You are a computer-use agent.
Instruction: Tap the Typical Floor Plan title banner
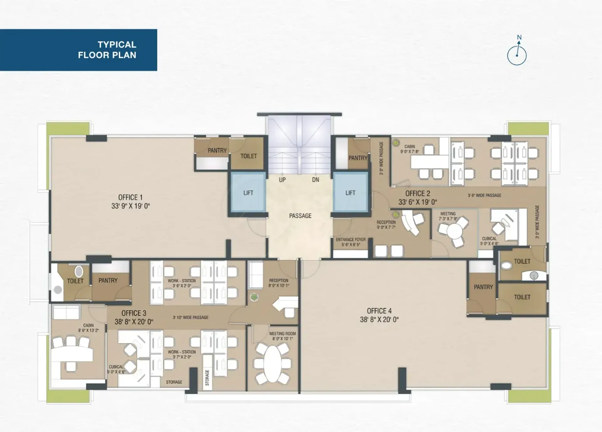pyautogui.click(x=78, y=50)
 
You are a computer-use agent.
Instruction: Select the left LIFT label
pyautogui.click(x=248, y=193)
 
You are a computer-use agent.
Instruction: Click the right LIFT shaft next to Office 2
pyautogui.click(x=351, y=192)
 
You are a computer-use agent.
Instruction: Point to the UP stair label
pyautogui.click(x=282, y=180)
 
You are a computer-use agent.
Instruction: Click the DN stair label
pyautogui.click(x=315, y=180)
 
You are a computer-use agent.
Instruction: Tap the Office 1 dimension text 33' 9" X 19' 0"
pyautogui.click(x=130, y=206)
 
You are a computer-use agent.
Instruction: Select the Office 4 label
pyautogui.click(x=379, y=311)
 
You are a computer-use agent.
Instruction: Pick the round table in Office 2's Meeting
pyautogui.click(x=454, y=231)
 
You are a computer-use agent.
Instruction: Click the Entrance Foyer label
pyautogui.click(x=351, y=239)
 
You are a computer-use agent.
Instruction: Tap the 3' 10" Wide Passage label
pyautogui.click(x=190, y=317)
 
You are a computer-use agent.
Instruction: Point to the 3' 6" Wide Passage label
pyautogui.click(x=484, y=195)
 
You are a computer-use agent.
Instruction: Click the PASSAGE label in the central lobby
pyautogui.click(x=300, y=216)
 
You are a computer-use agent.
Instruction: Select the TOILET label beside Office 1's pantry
pyautogui.click(x=249, y=156)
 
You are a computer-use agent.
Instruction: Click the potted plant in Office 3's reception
pyautogui.click(x=254, y=297)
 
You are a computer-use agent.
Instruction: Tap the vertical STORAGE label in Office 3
pyautogui.click(x=207, y=377)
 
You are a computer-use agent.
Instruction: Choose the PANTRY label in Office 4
pyautogui.click(x=483, y=287)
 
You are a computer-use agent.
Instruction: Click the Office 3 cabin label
pyautogui.click(x=88, y=325)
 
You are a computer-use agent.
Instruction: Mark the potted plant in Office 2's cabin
pyautogui.click(x=397, y=143)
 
